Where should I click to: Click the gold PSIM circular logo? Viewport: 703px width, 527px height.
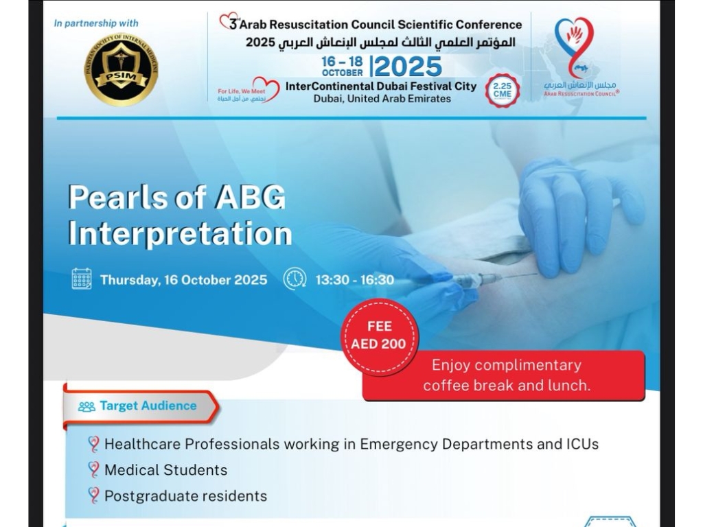(x=121, y=69)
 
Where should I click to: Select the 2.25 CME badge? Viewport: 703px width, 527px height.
(x=503, y=91)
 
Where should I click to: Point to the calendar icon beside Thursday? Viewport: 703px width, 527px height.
(x=82, y=279)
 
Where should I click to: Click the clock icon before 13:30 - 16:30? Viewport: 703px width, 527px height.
(x=295, y=279)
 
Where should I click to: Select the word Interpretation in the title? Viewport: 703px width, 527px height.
(x=180, y=233)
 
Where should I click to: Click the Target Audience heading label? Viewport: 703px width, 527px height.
(x=148, y=406)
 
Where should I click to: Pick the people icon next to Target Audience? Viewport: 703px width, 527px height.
(x=87, y=406)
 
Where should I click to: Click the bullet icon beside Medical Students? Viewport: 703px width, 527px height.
(x=93, y=470)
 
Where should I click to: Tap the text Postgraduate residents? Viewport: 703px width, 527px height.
(x=185, y=495)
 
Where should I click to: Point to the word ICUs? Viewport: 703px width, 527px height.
(x=582, y=444)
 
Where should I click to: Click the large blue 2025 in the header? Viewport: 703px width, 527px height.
(x=408, y=67)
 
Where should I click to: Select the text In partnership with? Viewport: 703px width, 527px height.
(x=96, y=23)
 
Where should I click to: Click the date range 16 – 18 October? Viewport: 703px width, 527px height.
(x=342, y=67)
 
